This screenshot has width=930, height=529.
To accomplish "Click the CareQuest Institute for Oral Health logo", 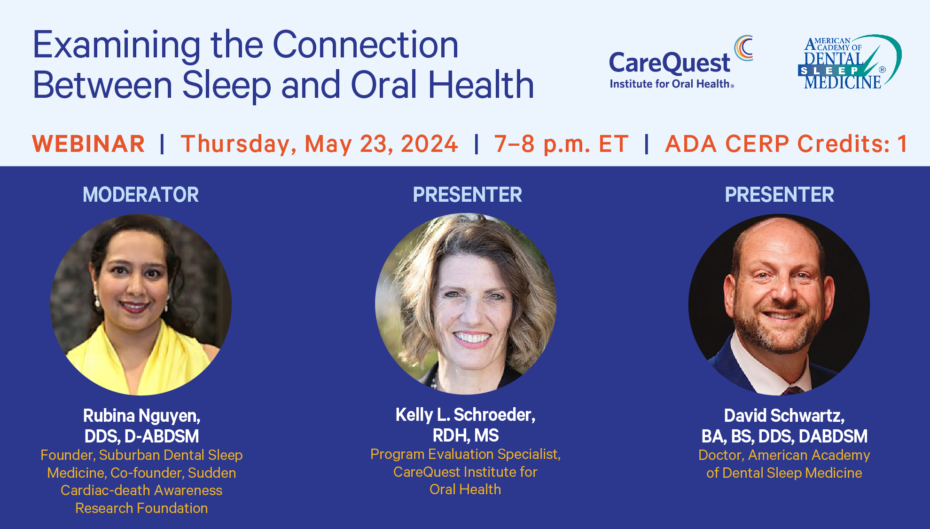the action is click(x=681, y=62).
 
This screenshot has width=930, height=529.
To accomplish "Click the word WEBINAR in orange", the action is click(x=88, y=144).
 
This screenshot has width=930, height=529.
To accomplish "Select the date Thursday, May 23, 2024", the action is click(x=319, y=144).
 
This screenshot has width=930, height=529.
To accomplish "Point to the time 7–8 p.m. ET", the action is click(x=561, y=144).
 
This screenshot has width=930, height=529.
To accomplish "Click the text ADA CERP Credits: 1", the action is click(x=786, y=144).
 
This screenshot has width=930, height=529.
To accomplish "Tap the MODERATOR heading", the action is click(x=141, y=195).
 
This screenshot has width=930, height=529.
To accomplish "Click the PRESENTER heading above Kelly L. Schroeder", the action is click(x=467, y=195).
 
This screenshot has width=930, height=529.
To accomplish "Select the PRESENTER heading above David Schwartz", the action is click(x=779, y=195).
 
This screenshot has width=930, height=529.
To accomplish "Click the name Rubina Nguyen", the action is click(x=141, y=416).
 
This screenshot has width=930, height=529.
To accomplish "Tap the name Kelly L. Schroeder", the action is click(x=465, y=415).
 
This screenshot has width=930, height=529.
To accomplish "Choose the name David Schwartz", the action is click(x=784, y=416).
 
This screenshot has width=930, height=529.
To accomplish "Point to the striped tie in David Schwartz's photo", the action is click(x=794, y=391).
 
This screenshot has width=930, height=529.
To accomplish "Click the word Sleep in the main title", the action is click(x=227, y=86).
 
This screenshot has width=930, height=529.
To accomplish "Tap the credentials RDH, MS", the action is click(x=465, y=436).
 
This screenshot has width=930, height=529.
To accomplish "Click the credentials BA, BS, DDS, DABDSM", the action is click(x=784, y=436).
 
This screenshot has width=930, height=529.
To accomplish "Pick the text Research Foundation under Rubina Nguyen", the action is click(x=141, y=508).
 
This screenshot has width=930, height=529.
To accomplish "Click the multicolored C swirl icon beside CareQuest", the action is click(x=743, y=47).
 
